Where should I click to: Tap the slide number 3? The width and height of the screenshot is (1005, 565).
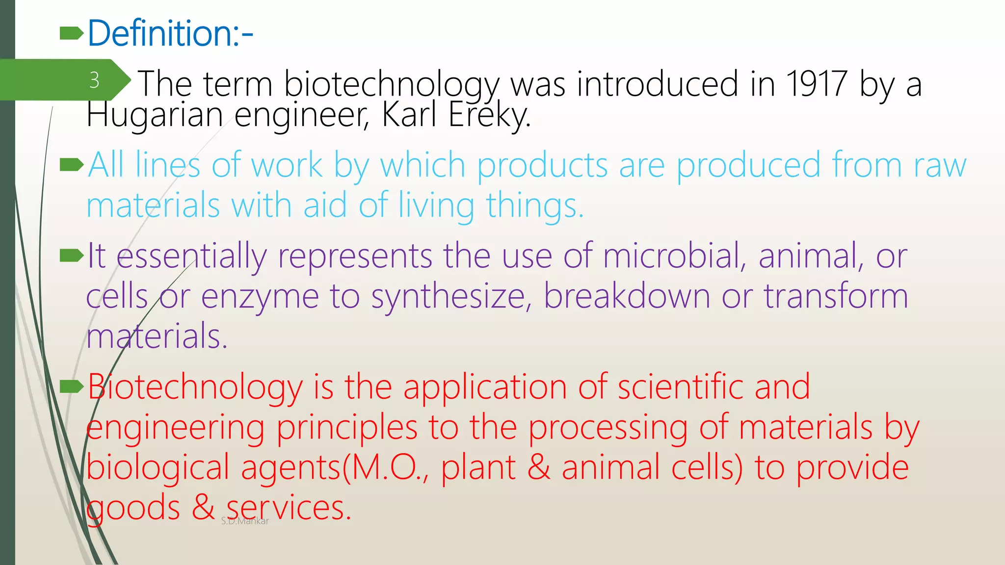[x=94, y=80]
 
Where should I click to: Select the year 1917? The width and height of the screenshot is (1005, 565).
[x=816, y=84]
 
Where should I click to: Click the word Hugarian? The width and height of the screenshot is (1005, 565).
[x=155, y=115]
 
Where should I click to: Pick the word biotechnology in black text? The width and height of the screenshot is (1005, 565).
[x=392, y=85]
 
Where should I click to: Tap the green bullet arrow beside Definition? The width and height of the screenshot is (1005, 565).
[x=71, y=33]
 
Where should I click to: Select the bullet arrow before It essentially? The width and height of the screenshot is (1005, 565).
[x=71, y=256]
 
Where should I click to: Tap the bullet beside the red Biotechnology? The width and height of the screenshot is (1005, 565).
[x=71, y=387]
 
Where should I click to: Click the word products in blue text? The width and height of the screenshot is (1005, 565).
[x=542, y=166]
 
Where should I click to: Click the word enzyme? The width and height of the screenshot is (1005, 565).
[x=260, y=297]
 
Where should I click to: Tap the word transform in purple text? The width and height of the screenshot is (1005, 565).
[x=836, y=296]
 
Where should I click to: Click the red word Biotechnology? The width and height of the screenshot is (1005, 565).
[x=195, y=388]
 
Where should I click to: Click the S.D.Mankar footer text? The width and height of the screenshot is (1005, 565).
[x=245, y=521]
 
